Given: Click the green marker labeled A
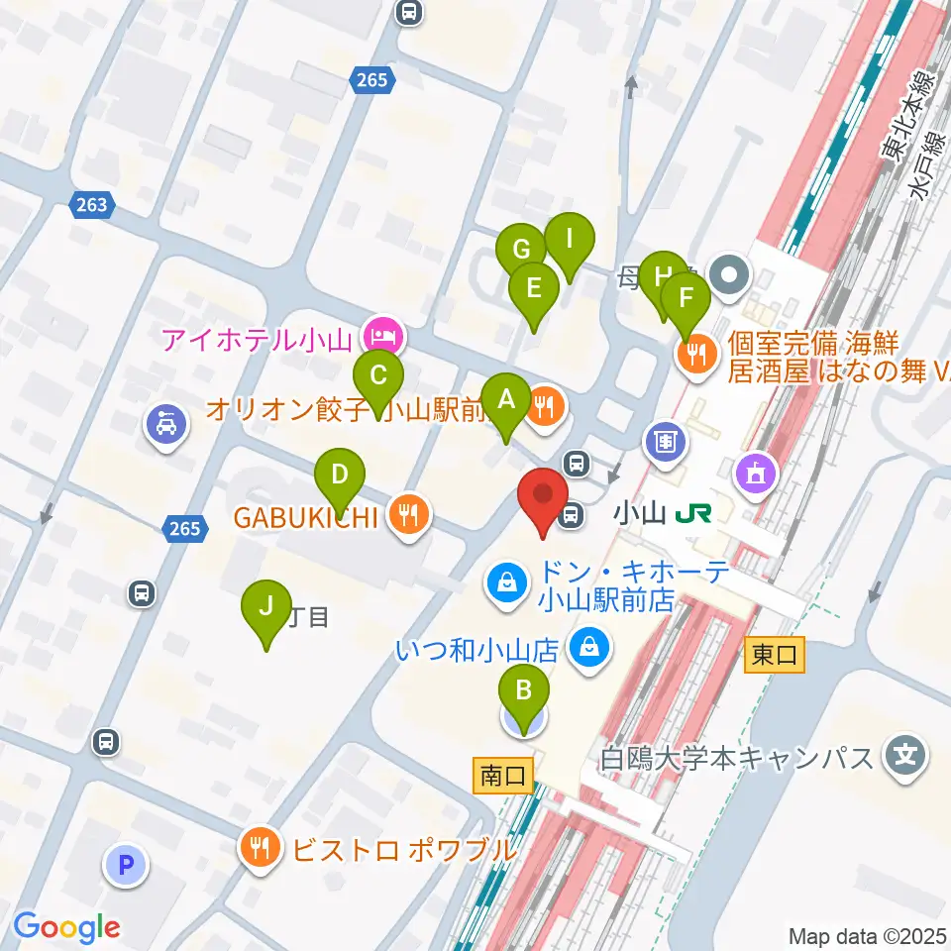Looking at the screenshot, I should tap(506, 401).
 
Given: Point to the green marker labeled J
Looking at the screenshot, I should tap(265, 606).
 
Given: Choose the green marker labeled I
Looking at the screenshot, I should tap(569, 240).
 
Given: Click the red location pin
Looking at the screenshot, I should tap(543, 496).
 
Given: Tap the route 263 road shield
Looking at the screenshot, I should tap(92, 205).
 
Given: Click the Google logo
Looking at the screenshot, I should tap(66, 927).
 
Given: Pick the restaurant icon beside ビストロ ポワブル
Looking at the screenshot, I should tap(261, 848).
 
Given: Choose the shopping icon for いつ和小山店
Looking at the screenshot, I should tap(589, 650).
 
